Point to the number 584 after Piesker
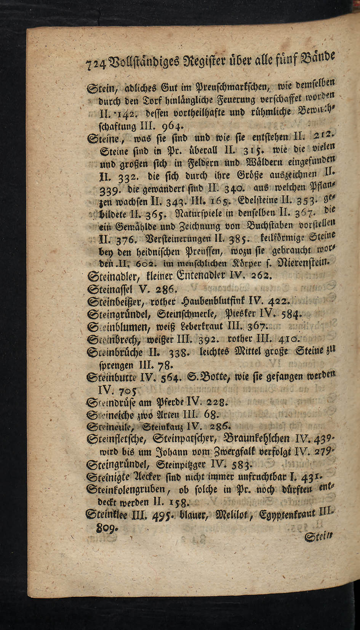pyautogui.click(x=291, y=315)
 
